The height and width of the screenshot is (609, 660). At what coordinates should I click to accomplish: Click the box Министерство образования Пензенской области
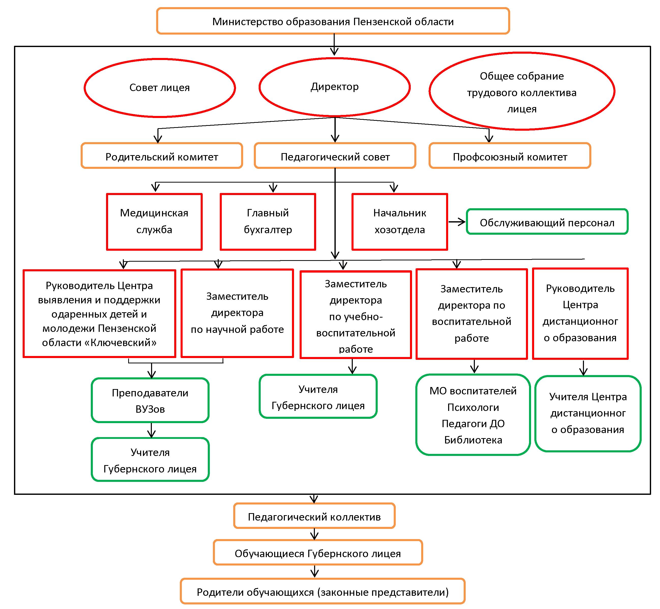pos(333,21)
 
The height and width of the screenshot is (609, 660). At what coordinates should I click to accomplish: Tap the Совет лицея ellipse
pos(159,88)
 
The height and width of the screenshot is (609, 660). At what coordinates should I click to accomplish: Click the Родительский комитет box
pos(162,157)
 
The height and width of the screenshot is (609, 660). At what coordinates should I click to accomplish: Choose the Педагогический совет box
pos(335,157)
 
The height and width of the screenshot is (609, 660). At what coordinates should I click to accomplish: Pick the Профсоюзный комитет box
pos(510,157)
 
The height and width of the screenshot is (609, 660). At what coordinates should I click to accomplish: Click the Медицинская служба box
pos(154,221)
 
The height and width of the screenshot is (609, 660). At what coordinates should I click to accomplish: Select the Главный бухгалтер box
pos(268,221)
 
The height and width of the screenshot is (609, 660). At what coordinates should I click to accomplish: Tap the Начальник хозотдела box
pos(400,221)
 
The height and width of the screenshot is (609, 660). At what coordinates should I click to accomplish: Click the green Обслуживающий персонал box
pos(547,222)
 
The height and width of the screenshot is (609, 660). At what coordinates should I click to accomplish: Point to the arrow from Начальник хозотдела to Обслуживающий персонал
pos(457,222)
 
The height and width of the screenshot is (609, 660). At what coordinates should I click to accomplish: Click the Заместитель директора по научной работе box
pos(237,313)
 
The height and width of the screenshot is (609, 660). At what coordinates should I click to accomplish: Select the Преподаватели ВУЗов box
pos(150,401)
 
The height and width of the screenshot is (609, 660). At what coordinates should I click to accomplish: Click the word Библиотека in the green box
pos(473,440)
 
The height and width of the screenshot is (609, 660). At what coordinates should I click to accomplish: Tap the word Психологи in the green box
pos(473,408)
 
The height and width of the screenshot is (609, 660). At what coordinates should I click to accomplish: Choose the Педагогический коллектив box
pos(314,517)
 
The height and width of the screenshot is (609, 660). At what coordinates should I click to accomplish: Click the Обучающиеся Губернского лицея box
pos(317,554)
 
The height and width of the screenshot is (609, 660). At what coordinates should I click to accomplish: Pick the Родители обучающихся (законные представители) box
pos(322,592)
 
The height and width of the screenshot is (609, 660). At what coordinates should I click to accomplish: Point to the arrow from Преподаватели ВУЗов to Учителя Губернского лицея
pos(151,430)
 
